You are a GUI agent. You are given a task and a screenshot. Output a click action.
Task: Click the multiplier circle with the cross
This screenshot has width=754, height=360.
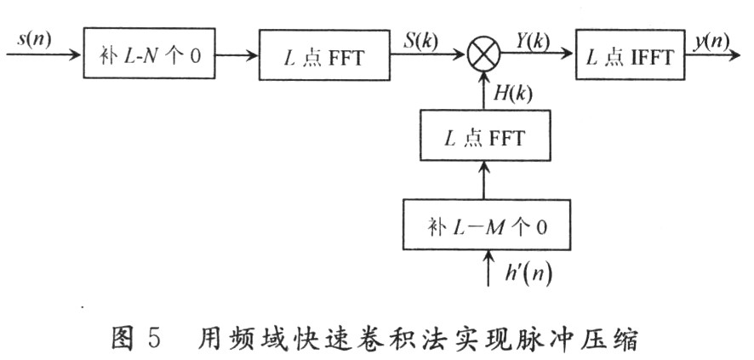(x=484, y=56)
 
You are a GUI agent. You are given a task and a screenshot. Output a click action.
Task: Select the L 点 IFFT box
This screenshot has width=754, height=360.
(x=630, y=55)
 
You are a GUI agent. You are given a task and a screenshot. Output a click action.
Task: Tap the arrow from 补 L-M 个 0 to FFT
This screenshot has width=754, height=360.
(x=484, y=181)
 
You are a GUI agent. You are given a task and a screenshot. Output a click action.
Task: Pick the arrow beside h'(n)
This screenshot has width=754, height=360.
(x=486, y=268)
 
